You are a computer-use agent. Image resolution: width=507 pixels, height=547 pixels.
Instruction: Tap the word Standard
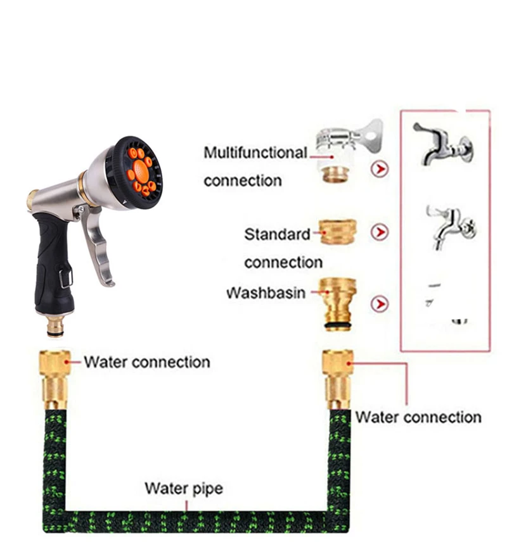coord(277,234)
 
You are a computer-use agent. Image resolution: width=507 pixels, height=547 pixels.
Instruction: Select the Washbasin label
coord(266,294)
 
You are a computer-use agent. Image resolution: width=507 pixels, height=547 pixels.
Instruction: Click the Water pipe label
coord(184,488)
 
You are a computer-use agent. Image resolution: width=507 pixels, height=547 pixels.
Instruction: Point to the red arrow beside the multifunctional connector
coord(379,169)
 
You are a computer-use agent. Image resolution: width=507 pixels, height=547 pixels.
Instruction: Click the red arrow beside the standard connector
coord(379,232)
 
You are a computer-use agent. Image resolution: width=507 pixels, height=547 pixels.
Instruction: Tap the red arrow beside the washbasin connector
coord(379,304)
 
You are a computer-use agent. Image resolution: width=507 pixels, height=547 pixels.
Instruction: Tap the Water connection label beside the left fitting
coord(146,363)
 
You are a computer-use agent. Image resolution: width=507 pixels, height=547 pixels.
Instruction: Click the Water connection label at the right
coord(418,417)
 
